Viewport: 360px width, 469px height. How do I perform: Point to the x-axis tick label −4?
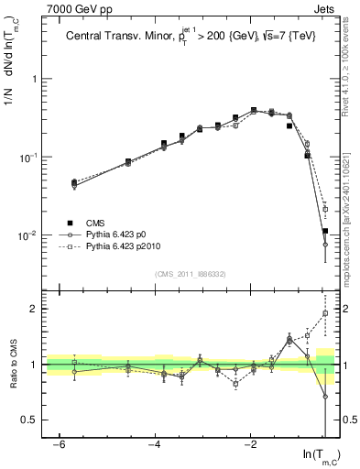(155, 444)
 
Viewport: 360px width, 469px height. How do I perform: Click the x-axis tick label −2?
(251, 444)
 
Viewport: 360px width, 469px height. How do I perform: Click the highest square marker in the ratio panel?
(325, 313)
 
